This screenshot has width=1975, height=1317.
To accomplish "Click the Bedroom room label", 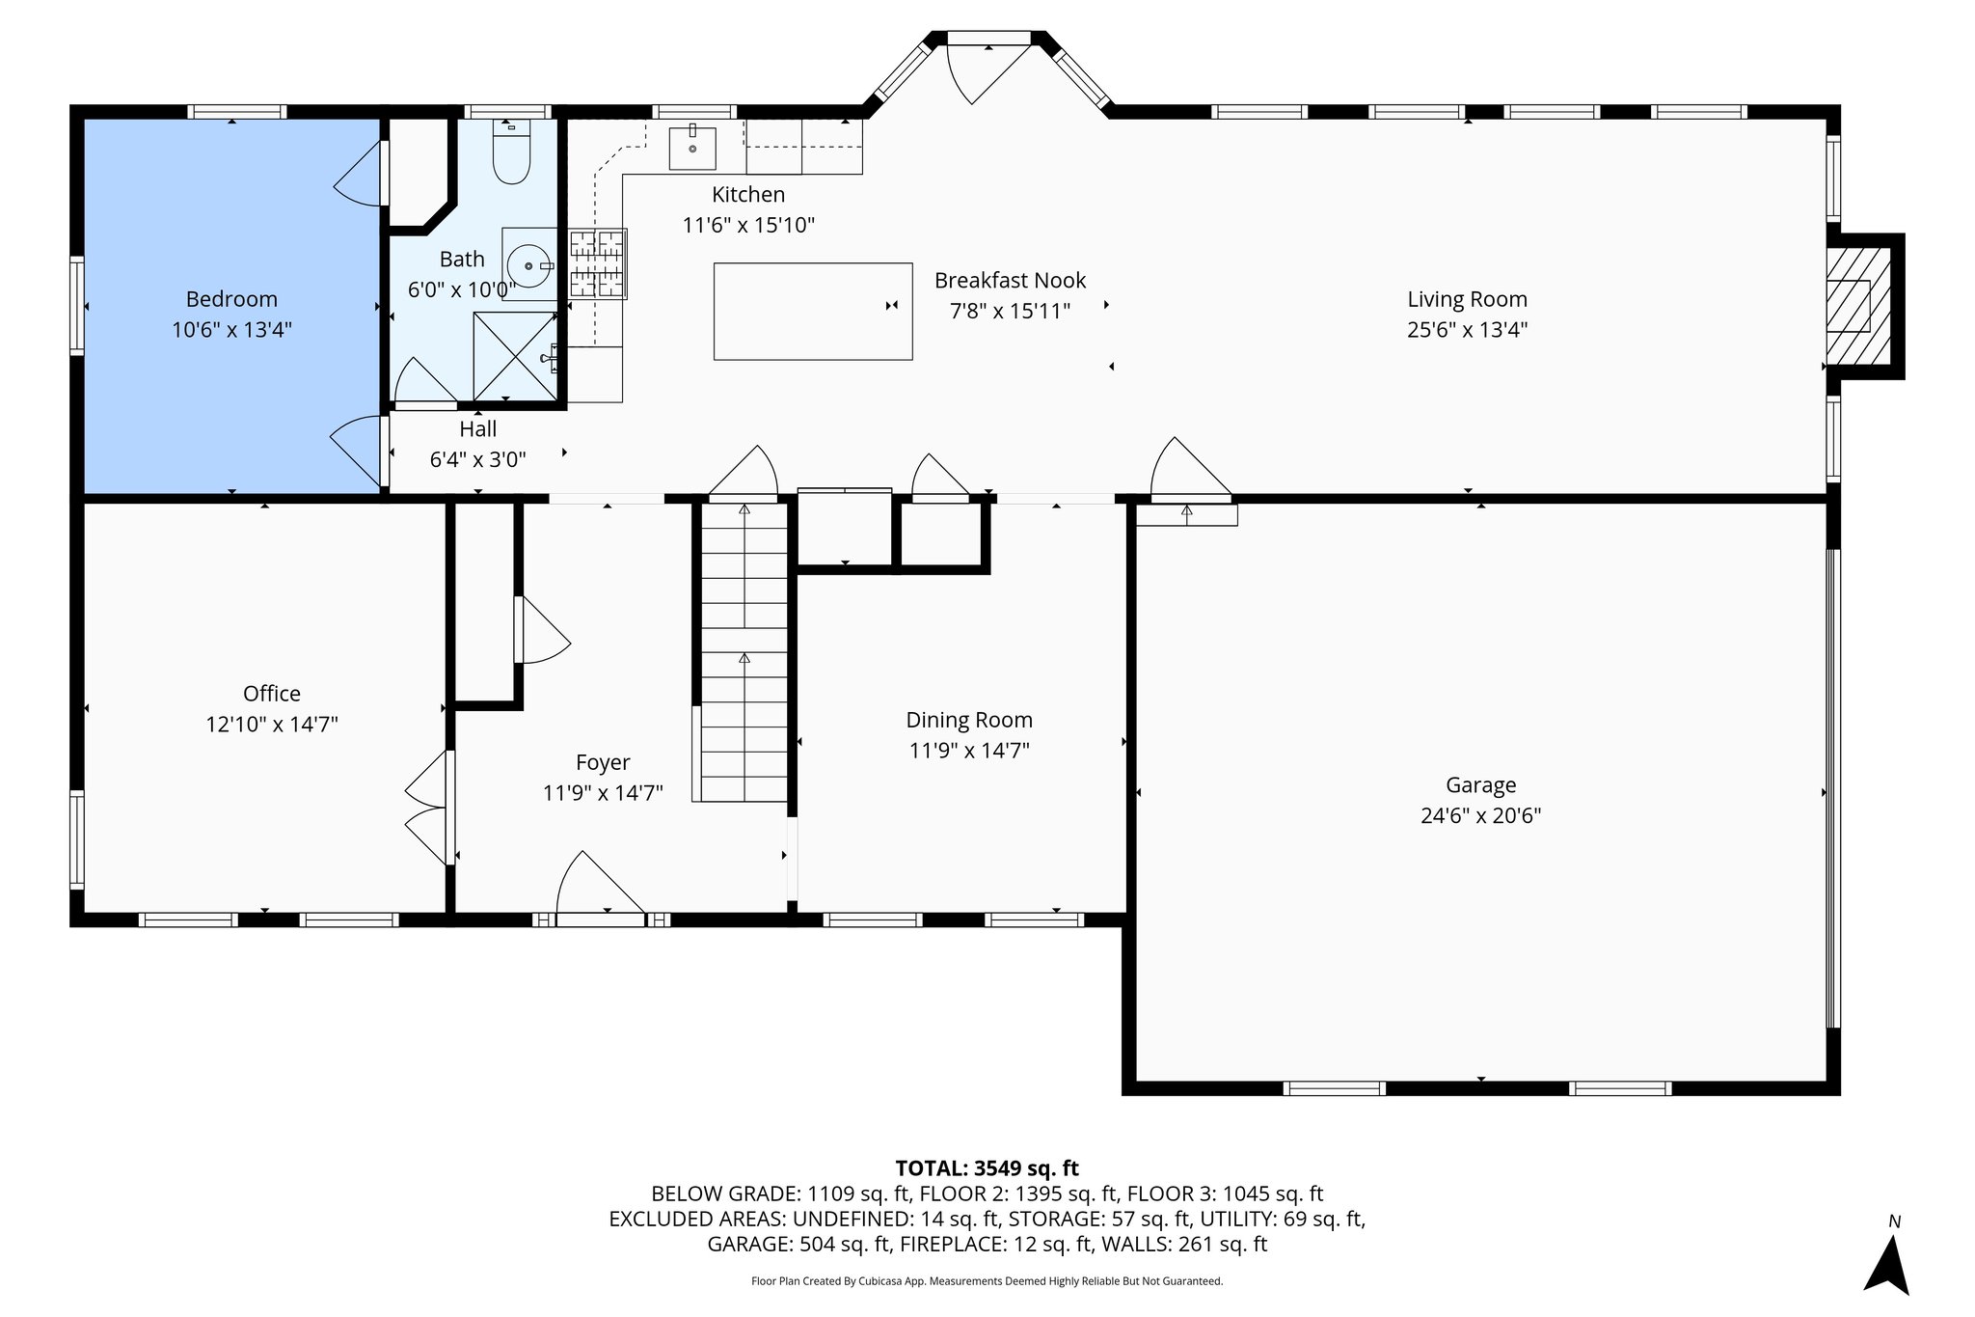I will [x=231, y=299].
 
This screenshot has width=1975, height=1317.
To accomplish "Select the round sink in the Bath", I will [x=529, y=264].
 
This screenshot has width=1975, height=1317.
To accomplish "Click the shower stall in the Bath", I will [x=515, y=356].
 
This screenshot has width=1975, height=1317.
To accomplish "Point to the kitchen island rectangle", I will [x=812, y=311].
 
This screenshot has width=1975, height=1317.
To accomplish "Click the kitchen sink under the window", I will [x=692, y=147].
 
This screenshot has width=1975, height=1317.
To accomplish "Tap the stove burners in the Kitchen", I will [x=598, y=263].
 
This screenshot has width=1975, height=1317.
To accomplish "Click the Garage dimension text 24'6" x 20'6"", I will [x=1480, y=815].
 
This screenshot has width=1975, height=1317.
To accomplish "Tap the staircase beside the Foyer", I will [x=744, y=656].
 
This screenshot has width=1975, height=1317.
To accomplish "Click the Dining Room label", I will [x=968, y=720].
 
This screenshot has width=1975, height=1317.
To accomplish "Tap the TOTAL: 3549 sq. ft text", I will [x=987, y=1168].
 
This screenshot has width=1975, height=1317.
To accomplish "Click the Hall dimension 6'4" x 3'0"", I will [x=477, y=459].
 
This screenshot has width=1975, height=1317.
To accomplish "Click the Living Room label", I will [x=1466, y=299].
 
